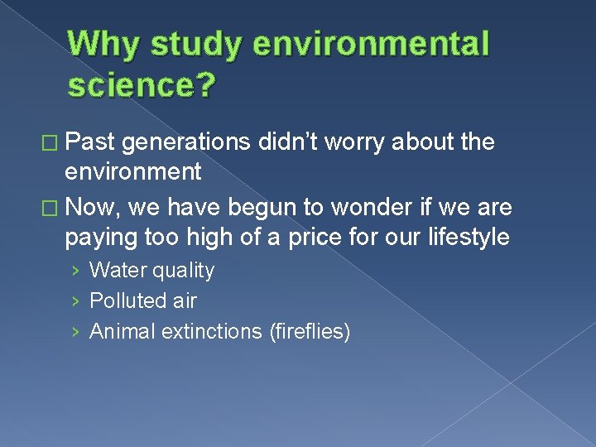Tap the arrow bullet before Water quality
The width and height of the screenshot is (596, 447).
pyautogui.click(x=75, y=272)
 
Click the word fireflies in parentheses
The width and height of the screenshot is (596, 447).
pyautogui.click(x=310, y=332)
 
